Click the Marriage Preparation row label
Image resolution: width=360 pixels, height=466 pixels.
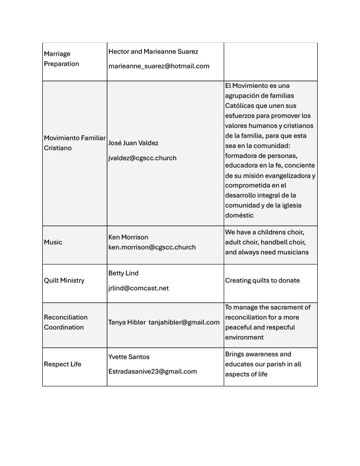tap(61, 59)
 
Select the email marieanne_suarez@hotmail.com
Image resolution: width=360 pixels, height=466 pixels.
tap(159, 66)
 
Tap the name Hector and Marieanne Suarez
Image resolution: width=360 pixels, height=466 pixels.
tap(153, 51)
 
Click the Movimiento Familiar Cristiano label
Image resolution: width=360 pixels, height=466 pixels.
tap(74, 143)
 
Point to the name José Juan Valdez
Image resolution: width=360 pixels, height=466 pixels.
tap(133, 143)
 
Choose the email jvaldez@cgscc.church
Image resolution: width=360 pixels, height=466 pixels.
tap(142, 158)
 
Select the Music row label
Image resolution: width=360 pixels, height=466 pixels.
tap(53, 242)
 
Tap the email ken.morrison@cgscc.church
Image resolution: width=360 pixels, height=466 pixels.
tap(152, 247)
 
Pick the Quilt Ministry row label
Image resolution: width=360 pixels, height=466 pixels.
tap(64, 280)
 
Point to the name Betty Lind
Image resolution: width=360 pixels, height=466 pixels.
tap(123, 273)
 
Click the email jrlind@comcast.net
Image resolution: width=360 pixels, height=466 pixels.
tap(138, 288)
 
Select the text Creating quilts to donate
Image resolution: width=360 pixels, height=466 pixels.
tap(263, 280)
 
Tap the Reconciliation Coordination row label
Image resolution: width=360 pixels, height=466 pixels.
tap(66, 322)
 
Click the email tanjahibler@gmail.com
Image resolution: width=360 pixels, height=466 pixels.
tap(184, 322)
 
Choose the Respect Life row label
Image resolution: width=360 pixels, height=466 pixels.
tap(62, 364)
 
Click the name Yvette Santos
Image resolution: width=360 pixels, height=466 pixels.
tap(129, 357)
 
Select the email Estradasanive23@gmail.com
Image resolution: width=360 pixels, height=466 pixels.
tap(152, 371)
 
